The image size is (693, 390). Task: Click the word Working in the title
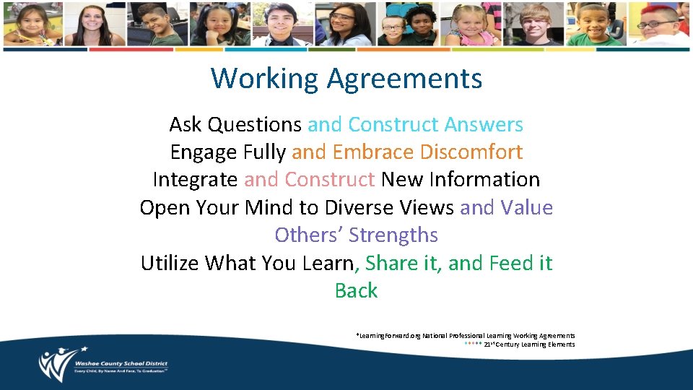[265, 78]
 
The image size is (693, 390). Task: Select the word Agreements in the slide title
[404, 78]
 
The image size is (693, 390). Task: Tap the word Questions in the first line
[254, 125]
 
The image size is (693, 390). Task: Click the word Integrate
[195, 180]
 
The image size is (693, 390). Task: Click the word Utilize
[170, 263]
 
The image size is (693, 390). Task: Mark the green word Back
[356, 291]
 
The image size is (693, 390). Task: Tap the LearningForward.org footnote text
[466, 336]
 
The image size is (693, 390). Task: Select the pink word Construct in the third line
[330, 180]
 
